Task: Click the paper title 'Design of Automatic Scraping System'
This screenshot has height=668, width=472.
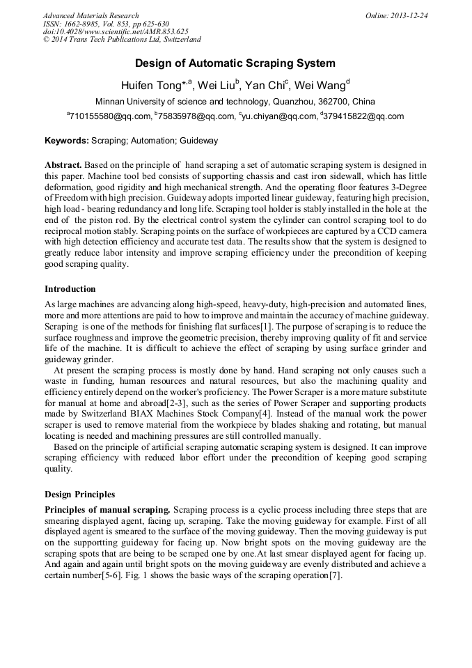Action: tap(235, 63)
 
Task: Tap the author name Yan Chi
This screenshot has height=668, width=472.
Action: tap(262, 86)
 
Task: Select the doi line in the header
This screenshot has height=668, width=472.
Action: tap(116, 32)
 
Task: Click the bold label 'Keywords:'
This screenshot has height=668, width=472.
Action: tap(67, 141)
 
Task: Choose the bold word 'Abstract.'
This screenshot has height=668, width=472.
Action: tap(63, 165)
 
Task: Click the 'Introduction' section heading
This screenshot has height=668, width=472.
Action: tap(70, 288)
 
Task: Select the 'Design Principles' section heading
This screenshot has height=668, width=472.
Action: tap(80, 495)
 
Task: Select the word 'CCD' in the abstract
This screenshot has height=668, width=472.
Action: tap(379, 229)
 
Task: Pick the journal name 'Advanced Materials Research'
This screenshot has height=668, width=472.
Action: tap(91, 15)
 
